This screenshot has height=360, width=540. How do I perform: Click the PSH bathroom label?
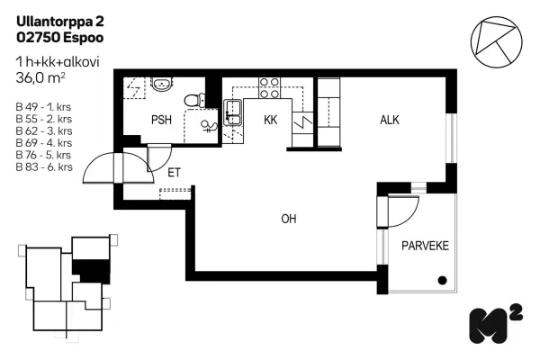click(161, 120)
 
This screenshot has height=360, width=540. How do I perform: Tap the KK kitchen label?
click(270, 120)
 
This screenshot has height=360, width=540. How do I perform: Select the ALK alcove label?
click(390, 120)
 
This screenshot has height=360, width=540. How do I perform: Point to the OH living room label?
click(289, 219)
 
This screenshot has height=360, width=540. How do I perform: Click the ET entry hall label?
click(174, 173)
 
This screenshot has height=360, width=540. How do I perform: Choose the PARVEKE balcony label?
click(426, 246)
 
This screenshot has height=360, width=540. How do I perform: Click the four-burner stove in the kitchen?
click(269, 88)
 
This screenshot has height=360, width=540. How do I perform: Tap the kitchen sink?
click(233, 112)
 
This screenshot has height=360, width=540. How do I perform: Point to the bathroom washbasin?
click(162, 84)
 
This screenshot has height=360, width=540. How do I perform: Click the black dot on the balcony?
click(442, 281)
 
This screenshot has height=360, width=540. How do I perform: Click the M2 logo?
click(496, 324)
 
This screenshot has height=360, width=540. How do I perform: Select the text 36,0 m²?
click(40, 78)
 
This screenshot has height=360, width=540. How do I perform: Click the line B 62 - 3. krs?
click(44, 130)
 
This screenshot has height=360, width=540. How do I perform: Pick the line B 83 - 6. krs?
click(44, 167)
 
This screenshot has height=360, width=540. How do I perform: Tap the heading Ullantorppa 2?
click(60, 22)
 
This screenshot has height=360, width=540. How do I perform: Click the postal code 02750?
click(38, 38)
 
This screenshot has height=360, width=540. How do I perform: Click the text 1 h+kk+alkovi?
click(58, 62)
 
